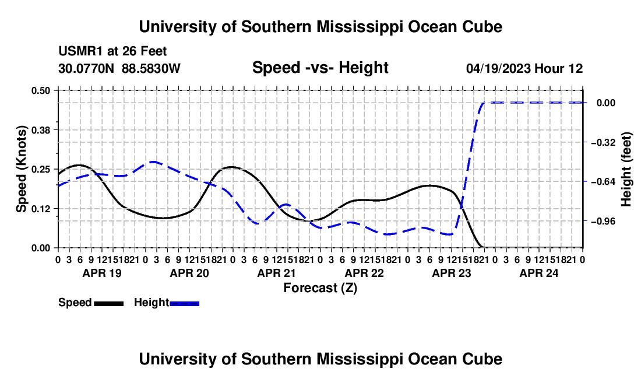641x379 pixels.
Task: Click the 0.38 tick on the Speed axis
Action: (x=41, y=130)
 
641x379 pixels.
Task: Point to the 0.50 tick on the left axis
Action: (x=41, y=90)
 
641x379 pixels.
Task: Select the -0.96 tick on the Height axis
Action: (x=603, y=221)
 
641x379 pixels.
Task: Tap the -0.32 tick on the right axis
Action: (x=603, y=142)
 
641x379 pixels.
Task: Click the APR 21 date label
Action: (x=276, y=273)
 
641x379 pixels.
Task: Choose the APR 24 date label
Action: (x=539, y=273)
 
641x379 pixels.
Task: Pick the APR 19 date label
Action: (x=102, y=273)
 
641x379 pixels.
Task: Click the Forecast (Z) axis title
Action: (x=320, y=288)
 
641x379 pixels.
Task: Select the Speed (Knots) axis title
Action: (x=21, y=169)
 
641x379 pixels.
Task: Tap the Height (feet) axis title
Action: (x=626, y=169)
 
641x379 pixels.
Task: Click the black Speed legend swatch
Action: (x=109, y=303)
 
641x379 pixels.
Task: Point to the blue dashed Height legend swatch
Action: (x=184, y=303)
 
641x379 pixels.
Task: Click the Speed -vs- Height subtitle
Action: (x=320, y=68)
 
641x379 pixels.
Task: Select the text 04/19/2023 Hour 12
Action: (x=524, y=68)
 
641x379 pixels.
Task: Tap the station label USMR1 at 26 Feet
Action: (x=112, y=51)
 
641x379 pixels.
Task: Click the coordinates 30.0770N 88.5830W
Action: (x=119, y=68)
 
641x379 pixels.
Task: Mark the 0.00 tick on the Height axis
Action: (x=606, y=103)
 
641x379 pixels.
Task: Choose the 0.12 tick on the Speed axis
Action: (x=41, y=209)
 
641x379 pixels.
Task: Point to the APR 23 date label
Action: (x=451, y=273)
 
